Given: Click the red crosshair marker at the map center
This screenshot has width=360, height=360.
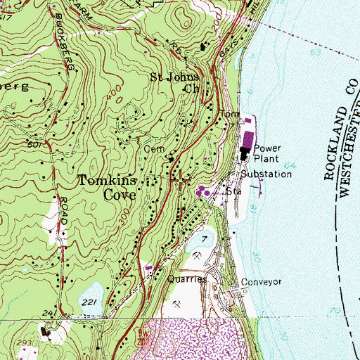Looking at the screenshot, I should (180, 179).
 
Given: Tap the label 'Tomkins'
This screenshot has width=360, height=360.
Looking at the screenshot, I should (108, 181).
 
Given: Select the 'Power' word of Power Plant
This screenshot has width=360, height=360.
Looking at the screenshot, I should (268, 148).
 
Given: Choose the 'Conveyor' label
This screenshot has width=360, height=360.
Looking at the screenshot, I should (261, 282).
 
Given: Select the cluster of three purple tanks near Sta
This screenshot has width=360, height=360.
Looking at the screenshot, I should (204, 190).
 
